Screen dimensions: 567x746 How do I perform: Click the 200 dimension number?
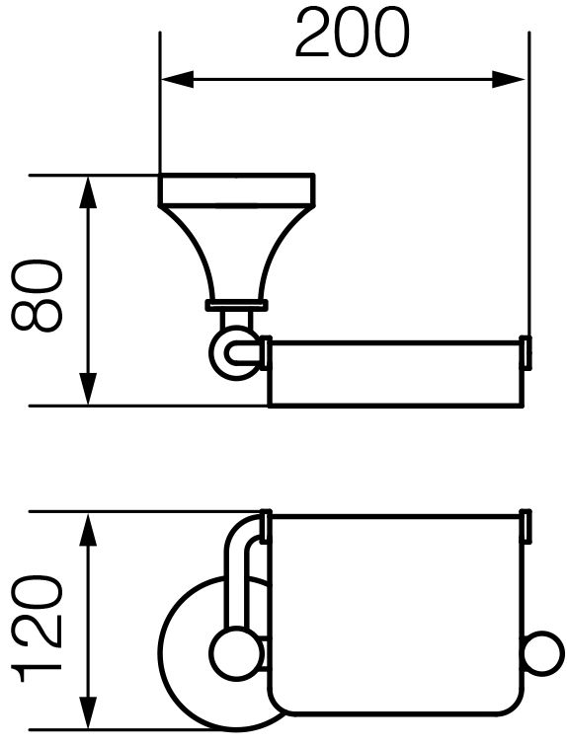point(352,33)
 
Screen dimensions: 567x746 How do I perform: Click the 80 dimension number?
point(38,295)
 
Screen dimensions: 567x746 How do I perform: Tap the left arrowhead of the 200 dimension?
point(178,79)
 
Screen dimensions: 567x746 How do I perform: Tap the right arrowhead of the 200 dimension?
point(509,79)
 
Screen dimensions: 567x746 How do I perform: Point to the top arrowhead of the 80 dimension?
point(88,192)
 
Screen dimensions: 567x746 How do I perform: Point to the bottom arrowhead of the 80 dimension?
point(88,389)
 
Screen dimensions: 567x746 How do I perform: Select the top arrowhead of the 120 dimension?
point(88,529)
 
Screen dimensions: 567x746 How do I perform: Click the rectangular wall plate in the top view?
point(237,189)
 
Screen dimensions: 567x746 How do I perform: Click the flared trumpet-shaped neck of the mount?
point(237,253)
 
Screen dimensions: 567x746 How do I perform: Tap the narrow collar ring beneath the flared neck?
point(237,306)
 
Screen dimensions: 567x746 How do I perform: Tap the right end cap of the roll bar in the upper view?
point(526,352)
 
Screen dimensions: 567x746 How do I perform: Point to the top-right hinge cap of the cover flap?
point(526,526)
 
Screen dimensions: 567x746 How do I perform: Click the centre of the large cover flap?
point(396,615)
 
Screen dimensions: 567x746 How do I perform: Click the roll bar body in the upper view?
point(396,373)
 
